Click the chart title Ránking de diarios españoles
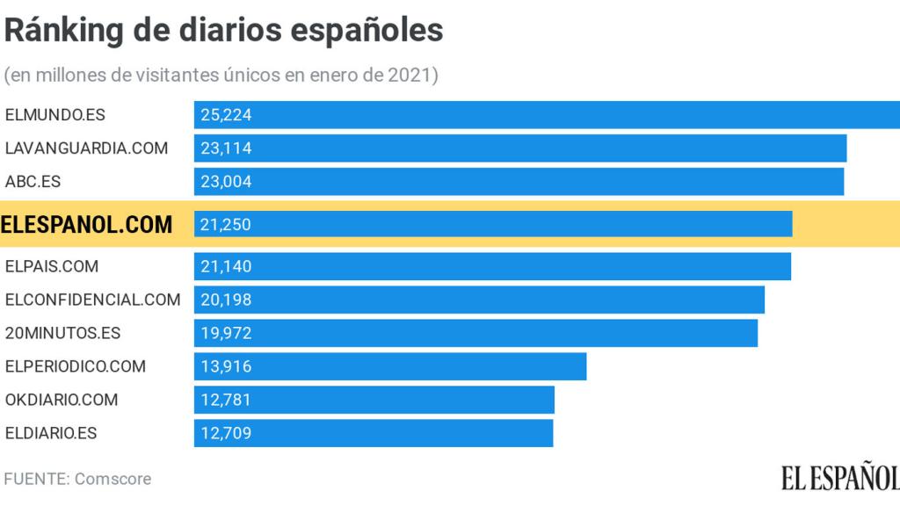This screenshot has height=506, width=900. (x=224, y=31)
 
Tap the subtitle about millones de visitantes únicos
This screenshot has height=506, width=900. (x=221, y=76)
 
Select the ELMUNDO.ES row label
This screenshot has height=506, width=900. (x=55, y=115)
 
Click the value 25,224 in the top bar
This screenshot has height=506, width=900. (x=226, y=115)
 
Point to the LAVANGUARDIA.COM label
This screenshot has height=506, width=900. (x=86, y=148)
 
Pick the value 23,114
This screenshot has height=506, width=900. (x=226, y=148)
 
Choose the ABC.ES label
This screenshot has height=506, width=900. (x=33, y=182)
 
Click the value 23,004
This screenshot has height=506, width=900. (x=226, y=182)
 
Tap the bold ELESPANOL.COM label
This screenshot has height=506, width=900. (x=87, y=225)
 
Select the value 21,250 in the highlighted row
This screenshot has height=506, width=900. (x=226, y=225)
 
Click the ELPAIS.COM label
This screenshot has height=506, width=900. (x=52, y=266)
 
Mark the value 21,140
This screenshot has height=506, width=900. (x=226, y=266)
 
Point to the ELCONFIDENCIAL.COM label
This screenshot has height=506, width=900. (x=92, y=300)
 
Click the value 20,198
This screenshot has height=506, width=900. (x=226, y=300)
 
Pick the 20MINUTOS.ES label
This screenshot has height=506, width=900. (x=62, y=333)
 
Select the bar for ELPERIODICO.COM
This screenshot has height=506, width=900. (x=390, y=366)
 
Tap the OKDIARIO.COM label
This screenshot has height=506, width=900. (x=62, y=400)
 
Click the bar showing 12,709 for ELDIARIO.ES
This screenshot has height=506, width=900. (x=374, y=433)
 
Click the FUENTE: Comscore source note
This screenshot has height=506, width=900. (x=78, y=479)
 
